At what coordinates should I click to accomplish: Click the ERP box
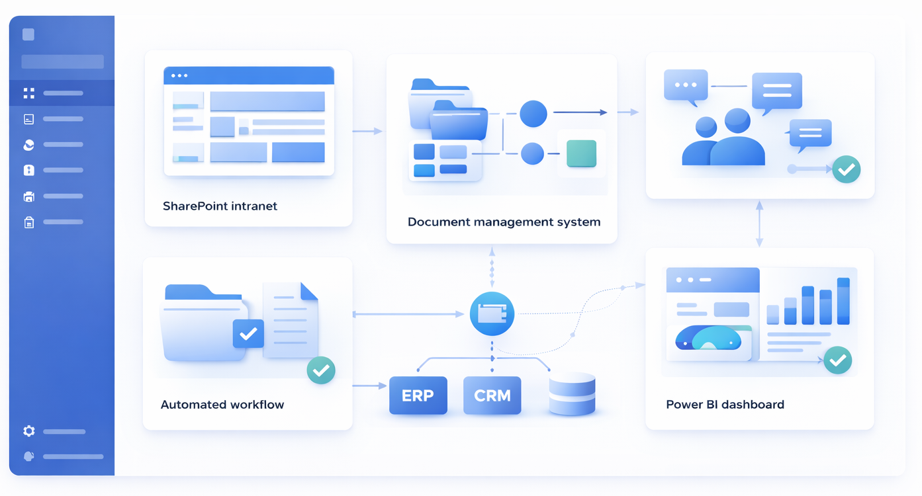click(418, 395)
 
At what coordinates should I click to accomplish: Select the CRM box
click(492, 395)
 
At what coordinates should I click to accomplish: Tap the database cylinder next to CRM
click(572, 393)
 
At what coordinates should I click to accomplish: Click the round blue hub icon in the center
click(492, 313)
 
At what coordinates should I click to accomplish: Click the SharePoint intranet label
click(220, 206)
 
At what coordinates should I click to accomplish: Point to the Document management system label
click(504, 222)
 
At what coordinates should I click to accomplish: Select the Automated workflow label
click(222, 405)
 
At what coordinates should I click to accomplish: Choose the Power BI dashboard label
click(725, 405)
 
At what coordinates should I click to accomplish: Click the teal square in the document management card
click(581, 153)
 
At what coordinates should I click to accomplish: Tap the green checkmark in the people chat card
click(846, 169)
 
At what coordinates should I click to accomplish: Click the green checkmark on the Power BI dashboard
click(838, 360)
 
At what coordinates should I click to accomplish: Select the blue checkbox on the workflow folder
click(248, 334)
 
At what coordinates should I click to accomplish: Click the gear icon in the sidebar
click(28, 431)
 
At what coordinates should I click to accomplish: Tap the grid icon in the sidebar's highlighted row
click(28, 93)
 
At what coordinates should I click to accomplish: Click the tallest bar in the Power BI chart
click(843, 301)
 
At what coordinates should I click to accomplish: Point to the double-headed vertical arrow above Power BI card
click(759, 224)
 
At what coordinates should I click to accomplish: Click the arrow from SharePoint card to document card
click(367, 131)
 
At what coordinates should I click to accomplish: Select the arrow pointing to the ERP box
click(369, 385)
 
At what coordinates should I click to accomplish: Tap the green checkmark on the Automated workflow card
click(321, 370)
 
